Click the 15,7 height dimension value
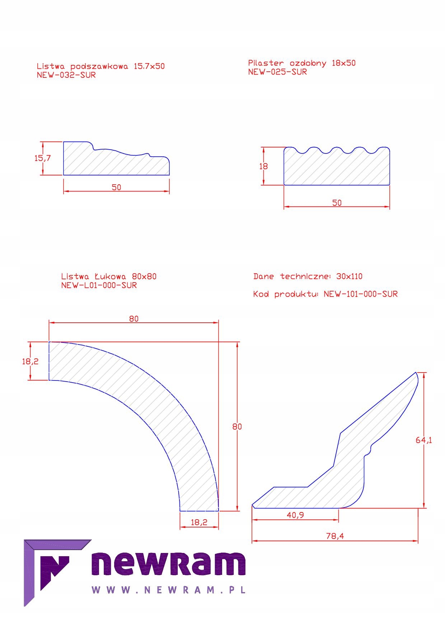tap(42, 158)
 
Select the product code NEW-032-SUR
tap(66, 75)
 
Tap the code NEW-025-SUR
tap(277, 72)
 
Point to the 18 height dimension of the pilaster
tap(263, 166)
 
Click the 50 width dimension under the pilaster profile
tap(337, 203)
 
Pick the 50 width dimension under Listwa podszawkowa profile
tap(116, 187)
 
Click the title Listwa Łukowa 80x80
tap(109, 276)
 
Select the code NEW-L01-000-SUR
tap(99, 285)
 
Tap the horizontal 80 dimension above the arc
tap(133, 319)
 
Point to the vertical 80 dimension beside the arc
tap(237, 426)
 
